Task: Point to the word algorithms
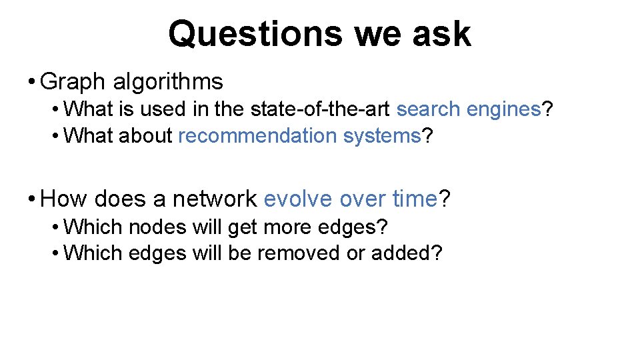[x=168, y=82]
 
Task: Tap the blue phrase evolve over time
[x=351, y=199]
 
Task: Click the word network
[x=214, y=199]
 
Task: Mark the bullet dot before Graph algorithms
[x=31, y=83]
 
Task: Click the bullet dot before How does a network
[x=31, y=199]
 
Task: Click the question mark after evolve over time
[x=445, y=199]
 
